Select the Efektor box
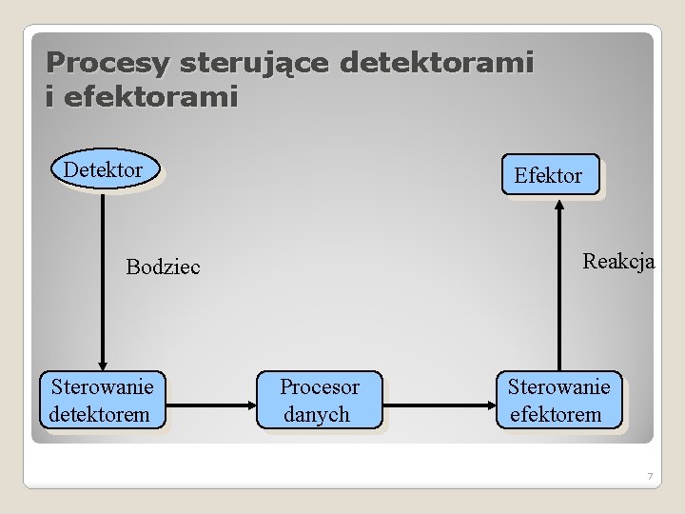click(x=551, y=175)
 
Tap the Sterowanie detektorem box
click(x=102, y=400)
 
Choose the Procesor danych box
click(x=319, y=400)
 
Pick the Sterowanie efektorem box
click(x=558, y=400)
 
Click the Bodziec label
click(x=164, y=267)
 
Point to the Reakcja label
click(x=618, y=262)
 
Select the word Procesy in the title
click(x=108, y=64)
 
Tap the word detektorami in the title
click(x=437, y=64)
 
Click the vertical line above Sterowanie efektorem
click(x=558, y=295)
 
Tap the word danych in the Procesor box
click(x=317, y=414)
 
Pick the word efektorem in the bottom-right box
click(x=557, y=414)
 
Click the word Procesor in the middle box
click(x=320, y=387)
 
